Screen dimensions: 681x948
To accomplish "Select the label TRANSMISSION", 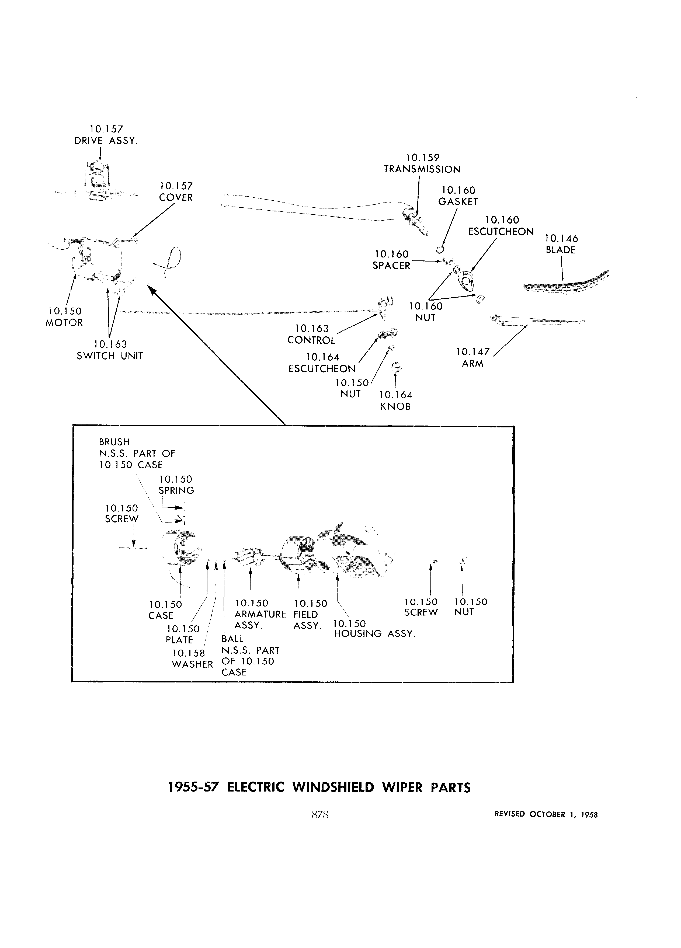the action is click(422, 169).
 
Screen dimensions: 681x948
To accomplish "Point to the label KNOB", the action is click(395, 407).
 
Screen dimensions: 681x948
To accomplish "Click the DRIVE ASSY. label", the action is click(106, 141).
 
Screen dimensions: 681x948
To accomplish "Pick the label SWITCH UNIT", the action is click(110, 356).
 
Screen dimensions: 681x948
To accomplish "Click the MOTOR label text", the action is click(64, 323).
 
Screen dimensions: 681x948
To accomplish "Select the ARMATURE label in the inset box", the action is click(260, 614).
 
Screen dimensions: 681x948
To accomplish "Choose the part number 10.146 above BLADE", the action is click(561, 239).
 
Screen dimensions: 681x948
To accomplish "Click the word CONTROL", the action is click(311, 340).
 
